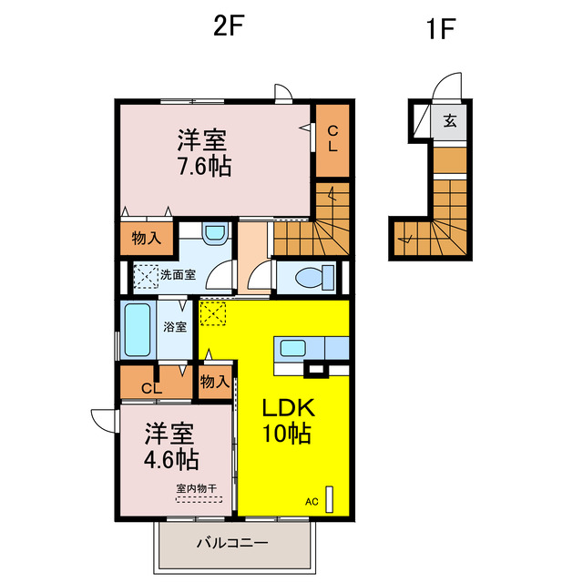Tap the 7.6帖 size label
tap(204, 167)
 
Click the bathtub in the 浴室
tap(137, 331)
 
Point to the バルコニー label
tap(232, 543)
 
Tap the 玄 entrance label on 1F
tap(450, 120)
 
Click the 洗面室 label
tap(179, 274)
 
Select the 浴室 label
tap(175, 326)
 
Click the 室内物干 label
tap(198, 488)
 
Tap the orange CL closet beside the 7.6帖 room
tap(332, 138)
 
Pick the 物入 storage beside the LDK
tap(214, 382)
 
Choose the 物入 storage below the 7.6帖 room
tap(146, 239)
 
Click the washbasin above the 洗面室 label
tap(214, 235)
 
